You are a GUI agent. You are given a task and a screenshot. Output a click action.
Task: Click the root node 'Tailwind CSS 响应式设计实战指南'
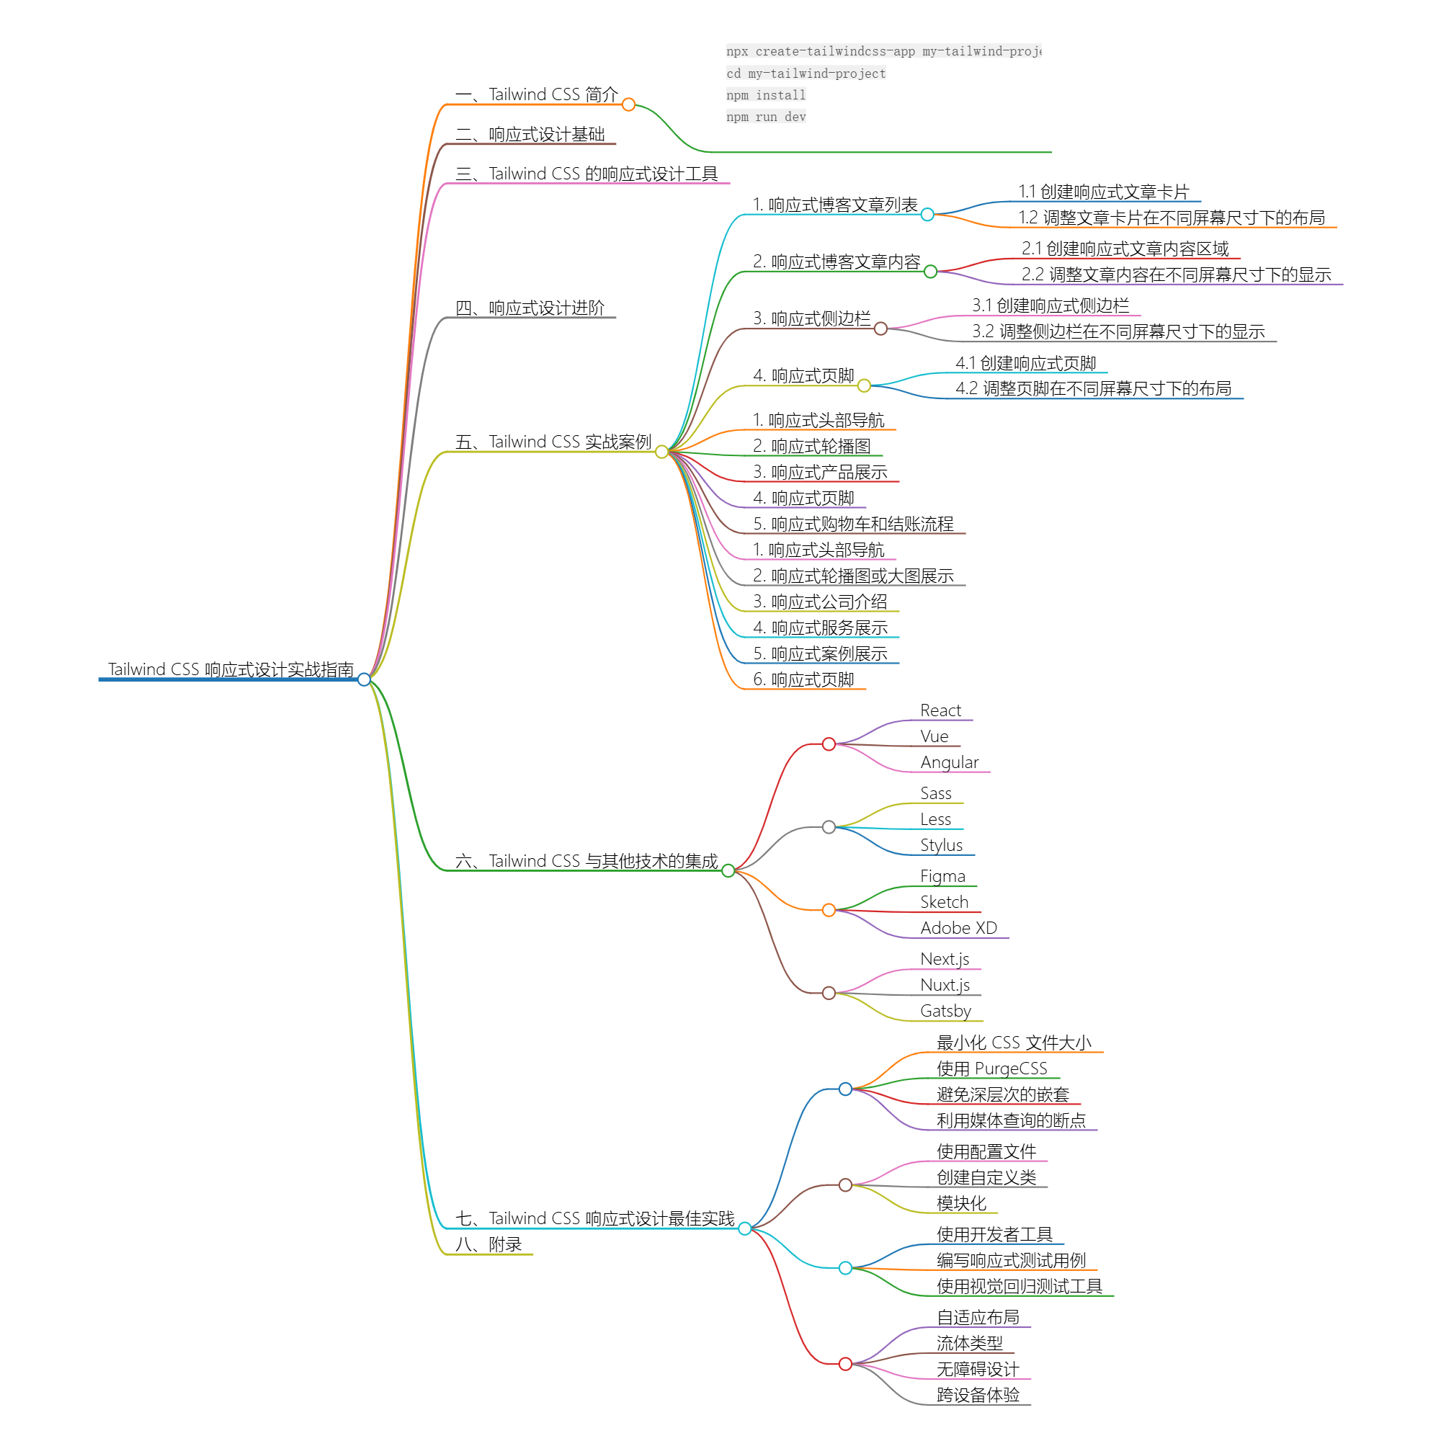pos(231,669)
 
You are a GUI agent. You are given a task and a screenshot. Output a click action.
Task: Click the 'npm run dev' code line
pos(766,117)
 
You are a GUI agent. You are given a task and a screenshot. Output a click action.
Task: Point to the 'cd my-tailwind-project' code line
pos(806,73)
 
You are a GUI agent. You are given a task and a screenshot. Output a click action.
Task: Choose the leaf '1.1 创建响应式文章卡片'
pos(1103,192)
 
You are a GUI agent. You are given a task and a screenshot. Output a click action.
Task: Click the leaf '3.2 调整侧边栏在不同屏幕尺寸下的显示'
pos(1118,331)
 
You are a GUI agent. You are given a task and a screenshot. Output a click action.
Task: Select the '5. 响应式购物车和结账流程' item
pos(853,524)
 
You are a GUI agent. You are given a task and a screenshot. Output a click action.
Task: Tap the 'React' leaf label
pos(940,710)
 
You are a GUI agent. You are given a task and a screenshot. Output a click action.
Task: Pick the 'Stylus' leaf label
pos(941,845)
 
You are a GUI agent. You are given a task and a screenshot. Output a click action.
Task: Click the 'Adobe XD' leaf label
pos(958,928)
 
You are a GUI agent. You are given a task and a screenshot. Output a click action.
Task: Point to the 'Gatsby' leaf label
pos(946,1011)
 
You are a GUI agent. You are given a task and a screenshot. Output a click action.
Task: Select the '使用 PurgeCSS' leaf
pos(992,1068)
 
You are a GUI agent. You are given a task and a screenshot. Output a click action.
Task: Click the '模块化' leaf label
pos(961,1203)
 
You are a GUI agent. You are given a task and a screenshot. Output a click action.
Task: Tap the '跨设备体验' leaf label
pos(978,1395)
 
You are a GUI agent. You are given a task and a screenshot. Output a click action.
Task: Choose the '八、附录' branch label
pos(488,1244)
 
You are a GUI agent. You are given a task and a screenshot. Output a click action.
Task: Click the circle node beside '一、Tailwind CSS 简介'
pos(629,104)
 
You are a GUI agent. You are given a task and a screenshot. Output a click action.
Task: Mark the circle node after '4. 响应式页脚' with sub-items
pos(864,385)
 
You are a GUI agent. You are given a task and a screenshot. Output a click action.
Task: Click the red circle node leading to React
pos(829,744)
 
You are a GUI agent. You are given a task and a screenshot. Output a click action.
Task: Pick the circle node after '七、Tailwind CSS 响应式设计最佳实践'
pos(744,1228)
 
